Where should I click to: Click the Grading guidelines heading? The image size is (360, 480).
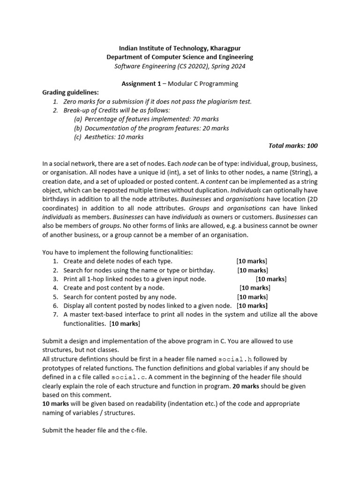[71, 92]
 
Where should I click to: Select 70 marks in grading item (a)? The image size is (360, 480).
[206, 119]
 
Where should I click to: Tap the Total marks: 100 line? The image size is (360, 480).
[293, 146]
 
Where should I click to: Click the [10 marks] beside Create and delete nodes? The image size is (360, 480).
[252, 261]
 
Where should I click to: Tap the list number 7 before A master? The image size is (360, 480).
[55, 315]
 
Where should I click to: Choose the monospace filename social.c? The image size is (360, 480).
[128, 377]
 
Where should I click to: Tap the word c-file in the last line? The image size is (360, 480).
[137, 430]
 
